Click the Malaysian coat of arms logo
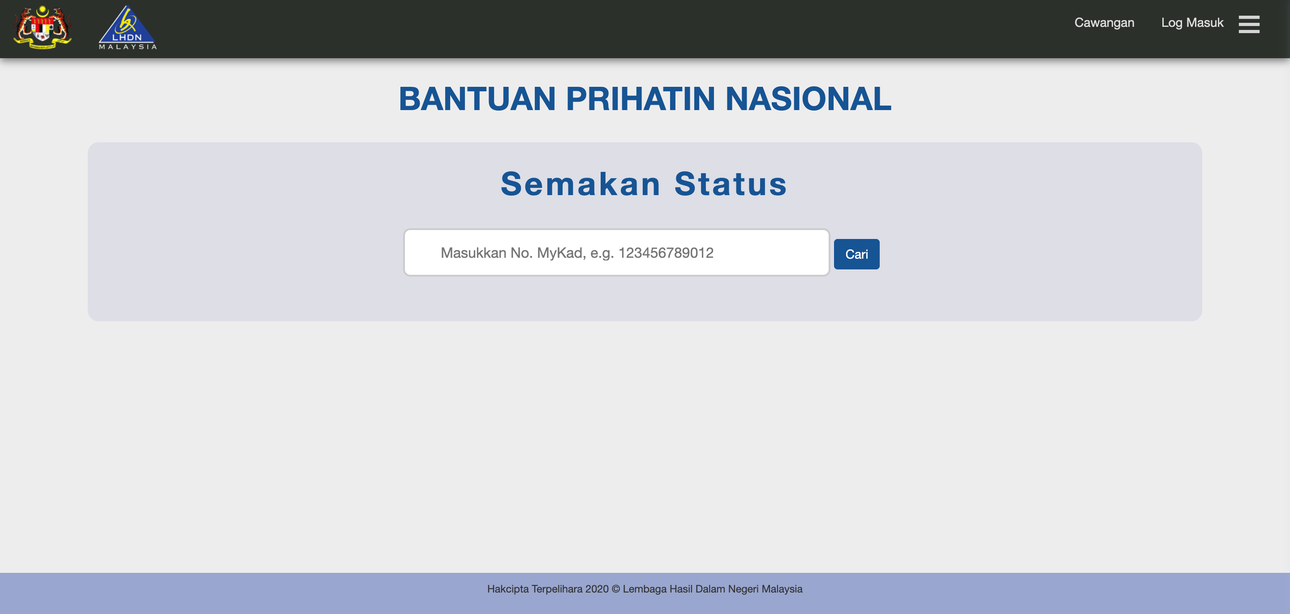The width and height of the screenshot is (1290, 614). (x=43, y=27)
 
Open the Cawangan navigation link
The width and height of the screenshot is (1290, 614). (x=1104, y=22)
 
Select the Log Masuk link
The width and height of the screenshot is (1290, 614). (x=1192, y=22)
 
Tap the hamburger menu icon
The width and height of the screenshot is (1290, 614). (x=1249, y=24)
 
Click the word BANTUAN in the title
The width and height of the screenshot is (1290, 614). (x=477, y=98)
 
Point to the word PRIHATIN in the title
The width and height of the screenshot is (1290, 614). (x=641, y=98)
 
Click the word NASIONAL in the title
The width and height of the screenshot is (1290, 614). (x=808, y=98)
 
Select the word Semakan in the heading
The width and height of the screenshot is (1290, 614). (x=581, y=183)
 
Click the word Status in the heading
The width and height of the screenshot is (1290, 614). (x=731, y=183)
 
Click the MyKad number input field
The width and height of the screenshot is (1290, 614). (x=616, y=252)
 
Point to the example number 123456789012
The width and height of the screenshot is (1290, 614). (x=666, y=253)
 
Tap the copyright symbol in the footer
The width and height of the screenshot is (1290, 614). (x=616, y=589)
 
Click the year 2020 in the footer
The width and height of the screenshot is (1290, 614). (x=597, y=589)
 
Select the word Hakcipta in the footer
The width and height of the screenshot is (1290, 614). (x=508, y=589)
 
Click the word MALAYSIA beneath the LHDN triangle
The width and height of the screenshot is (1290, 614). (x=128, y=47)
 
